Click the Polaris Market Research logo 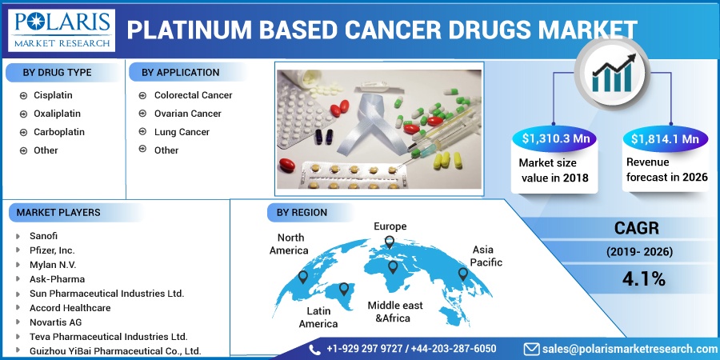point(62,30)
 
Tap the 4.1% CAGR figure point(644,279)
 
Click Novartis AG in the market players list point(49,322)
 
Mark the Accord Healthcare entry point(63,308)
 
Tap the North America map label point(289,244)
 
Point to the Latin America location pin point(344,289)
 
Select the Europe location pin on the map point(390,242)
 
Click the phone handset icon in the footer point(315,350)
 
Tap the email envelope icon point(532,349)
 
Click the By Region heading point(302,213)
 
